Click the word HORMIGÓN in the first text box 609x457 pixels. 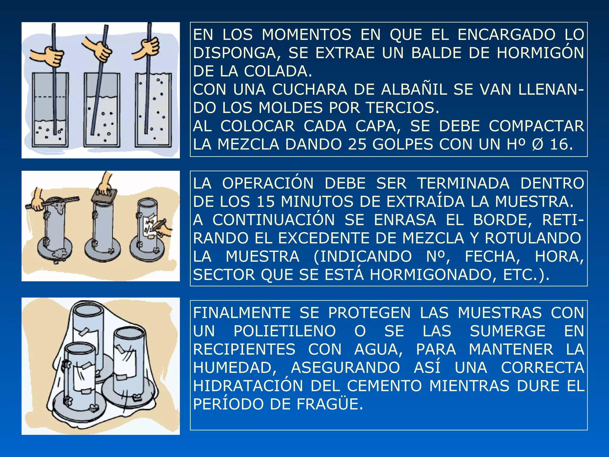pyautogui.click(x=540, y=53)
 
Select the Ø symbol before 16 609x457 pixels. pyautogui.click(x=538, y=145)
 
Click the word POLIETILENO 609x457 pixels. pyautogui.click(x=285, y=331)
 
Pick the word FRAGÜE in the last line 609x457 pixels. pyautogui.click(x=329, y=404)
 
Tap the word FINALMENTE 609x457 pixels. pyautogui.click(x=242, y=313)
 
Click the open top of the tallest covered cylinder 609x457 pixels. pyautogui.click(x=88, y=311)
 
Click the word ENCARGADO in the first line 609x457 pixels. pyautogui.click(x=506, y=35)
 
